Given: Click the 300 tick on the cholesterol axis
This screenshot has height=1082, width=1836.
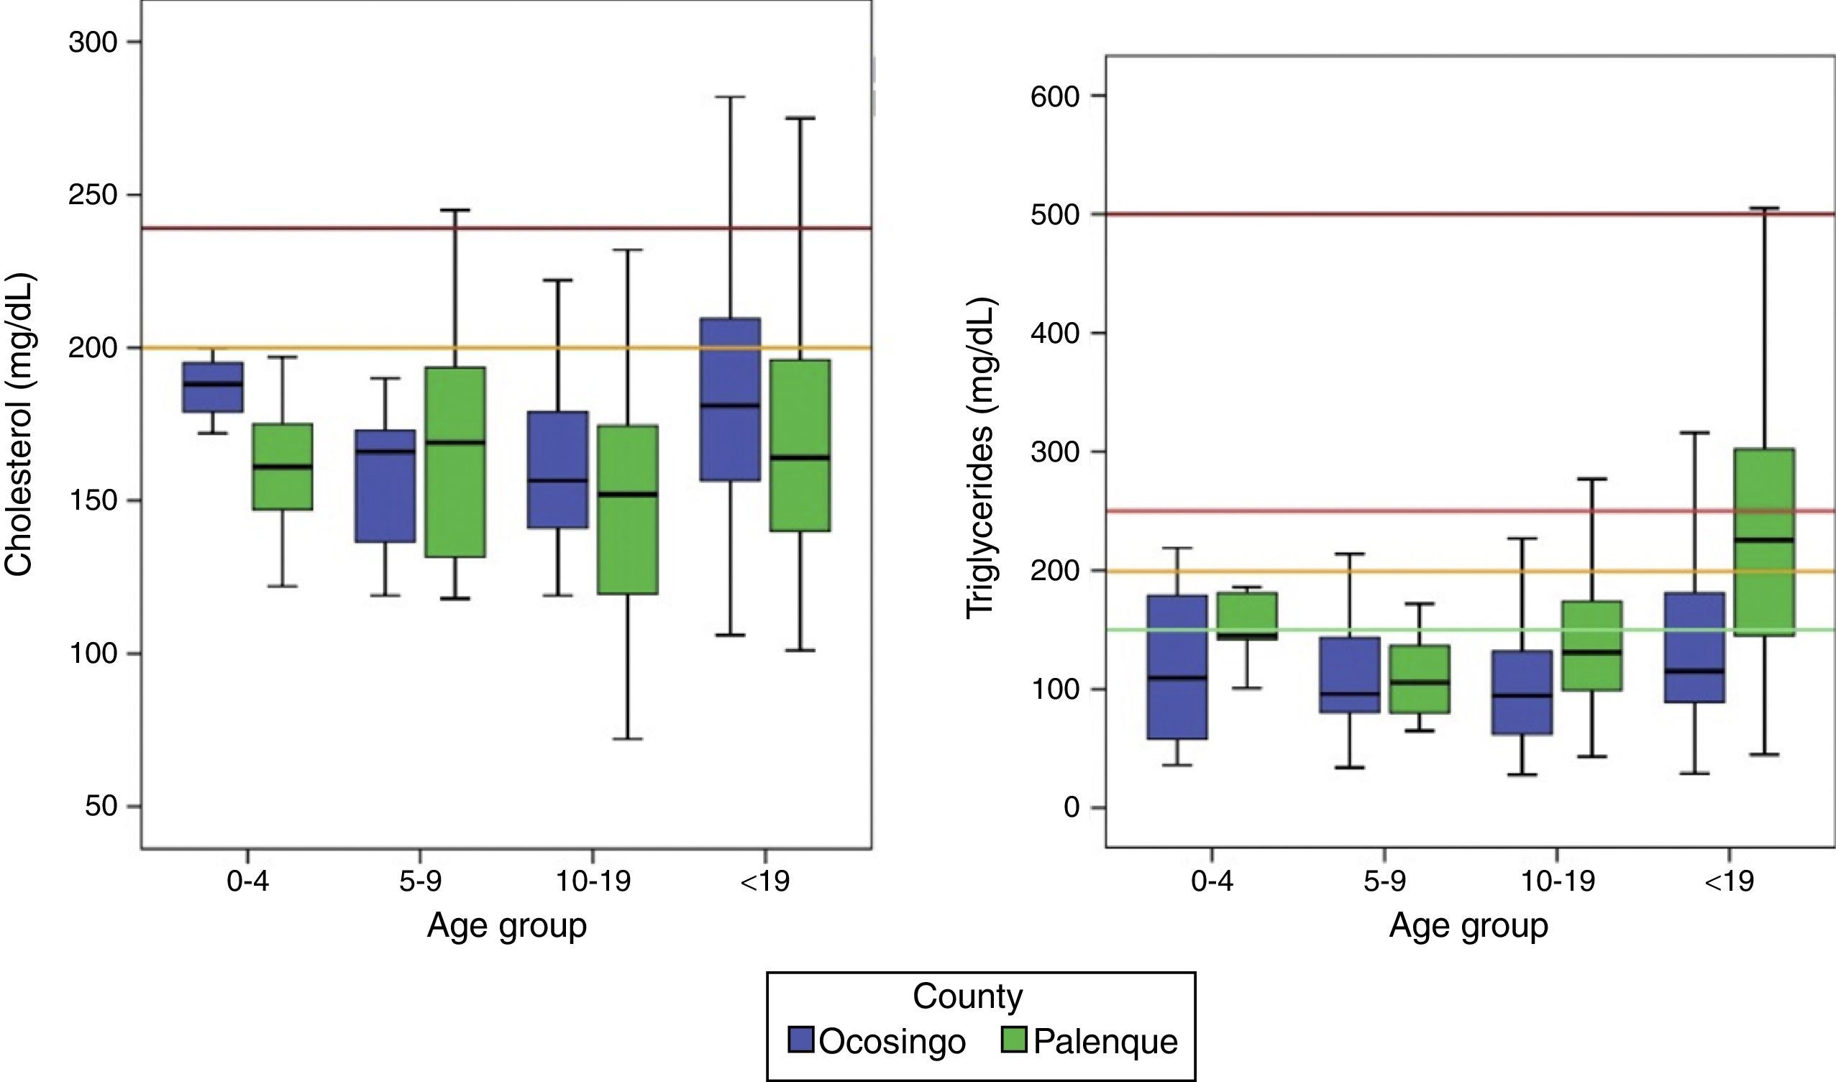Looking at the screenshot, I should coord(93,42).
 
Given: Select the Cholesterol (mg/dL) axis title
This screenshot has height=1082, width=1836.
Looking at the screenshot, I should coord(19,424).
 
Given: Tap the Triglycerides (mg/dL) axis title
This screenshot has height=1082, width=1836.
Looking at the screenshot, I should coord(980,459).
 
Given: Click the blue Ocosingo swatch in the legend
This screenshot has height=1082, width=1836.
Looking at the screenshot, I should coord(800,1040).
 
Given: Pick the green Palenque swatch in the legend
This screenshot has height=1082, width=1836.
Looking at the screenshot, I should coord(1013,1040).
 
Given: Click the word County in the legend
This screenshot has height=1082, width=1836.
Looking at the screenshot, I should coord(967,996).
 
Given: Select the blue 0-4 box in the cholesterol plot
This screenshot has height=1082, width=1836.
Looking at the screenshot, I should coord(213,388).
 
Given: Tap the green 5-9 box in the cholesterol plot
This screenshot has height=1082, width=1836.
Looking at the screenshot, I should coord(455,462).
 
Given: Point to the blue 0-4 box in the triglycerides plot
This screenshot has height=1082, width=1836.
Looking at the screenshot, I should coord(1177,667).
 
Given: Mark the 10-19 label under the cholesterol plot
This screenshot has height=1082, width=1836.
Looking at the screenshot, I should coord(593,881).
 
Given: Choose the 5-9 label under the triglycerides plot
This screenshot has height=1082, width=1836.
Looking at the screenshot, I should coord(1384,881).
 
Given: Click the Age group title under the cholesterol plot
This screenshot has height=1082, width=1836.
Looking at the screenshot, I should coord(507,925).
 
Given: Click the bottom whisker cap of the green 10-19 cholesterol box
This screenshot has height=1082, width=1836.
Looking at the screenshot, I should coord(627,738).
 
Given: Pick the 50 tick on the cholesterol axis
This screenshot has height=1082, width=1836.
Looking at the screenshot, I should coord(101,806).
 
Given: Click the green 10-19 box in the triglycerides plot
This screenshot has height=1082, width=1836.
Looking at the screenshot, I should coord(1591,646).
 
